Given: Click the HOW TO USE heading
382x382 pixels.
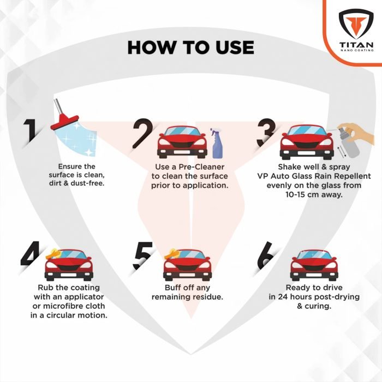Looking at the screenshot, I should click(190, 47).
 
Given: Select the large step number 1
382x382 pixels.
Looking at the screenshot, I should click(31, 132).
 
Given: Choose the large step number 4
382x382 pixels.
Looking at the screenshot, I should click(32, 253).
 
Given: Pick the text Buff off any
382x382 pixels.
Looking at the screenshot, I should click(187, 288).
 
